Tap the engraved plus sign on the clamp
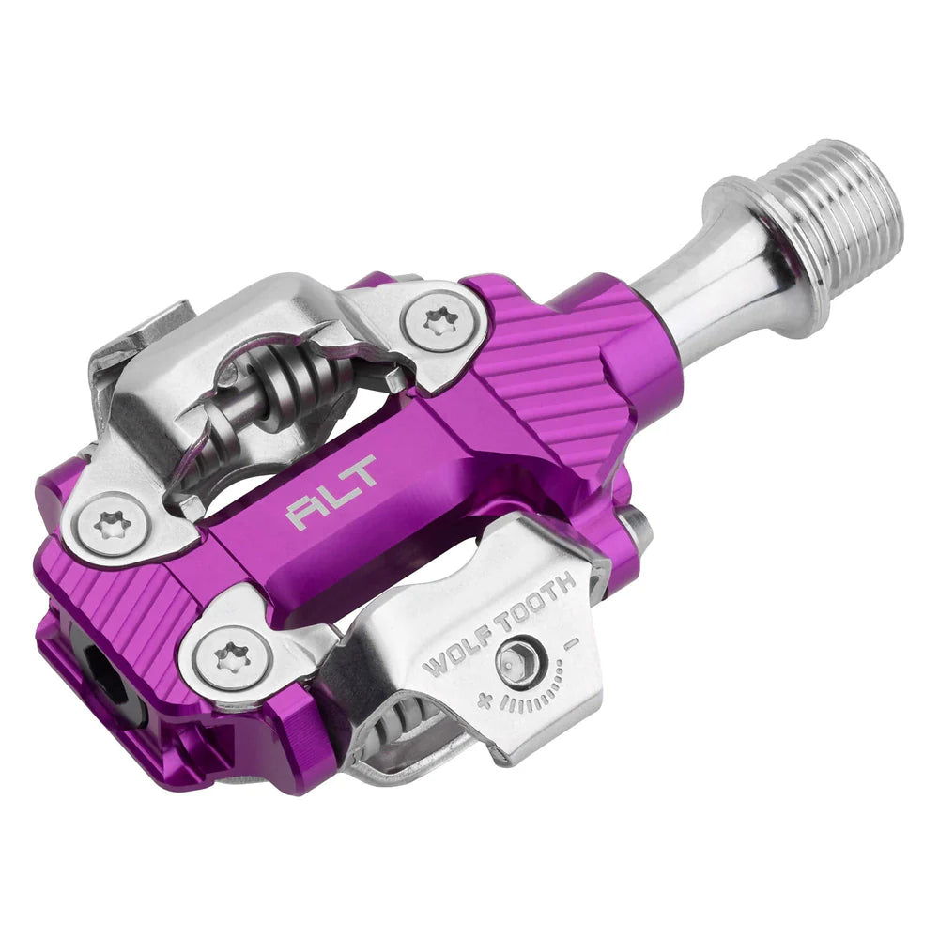tap(485, 700)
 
